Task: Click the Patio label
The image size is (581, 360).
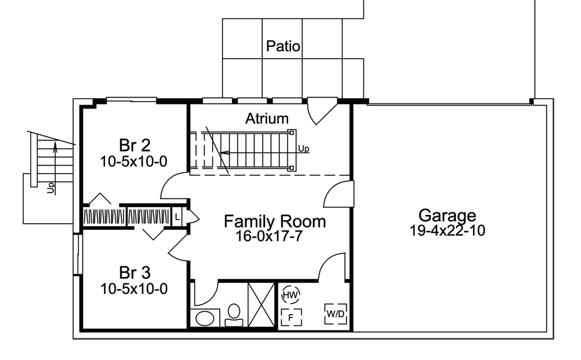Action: (283, 46)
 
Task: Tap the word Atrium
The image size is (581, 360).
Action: (267, 119)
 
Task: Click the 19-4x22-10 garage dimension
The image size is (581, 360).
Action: (447, 231)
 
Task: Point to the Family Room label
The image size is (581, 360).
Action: (275, 221)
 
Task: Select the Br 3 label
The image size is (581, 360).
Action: (134, 272)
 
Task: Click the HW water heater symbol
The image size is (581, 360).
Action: (290, 295)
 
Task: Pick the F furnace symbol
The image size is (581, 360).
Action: (290, 317)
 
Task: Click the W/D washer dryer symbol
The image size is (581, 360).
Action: (335, 314)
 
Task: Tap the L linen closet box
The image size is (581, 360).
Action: (177, 217)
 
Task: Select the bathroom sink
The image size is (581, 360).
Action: (204, 318)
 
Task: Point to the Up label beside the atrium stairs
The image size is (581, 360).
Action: (303, 149)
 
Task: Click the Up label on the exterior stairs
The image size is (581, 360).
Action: (51, 188)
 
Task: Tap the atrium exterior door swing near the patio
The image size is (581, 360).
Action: (321, 111)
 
